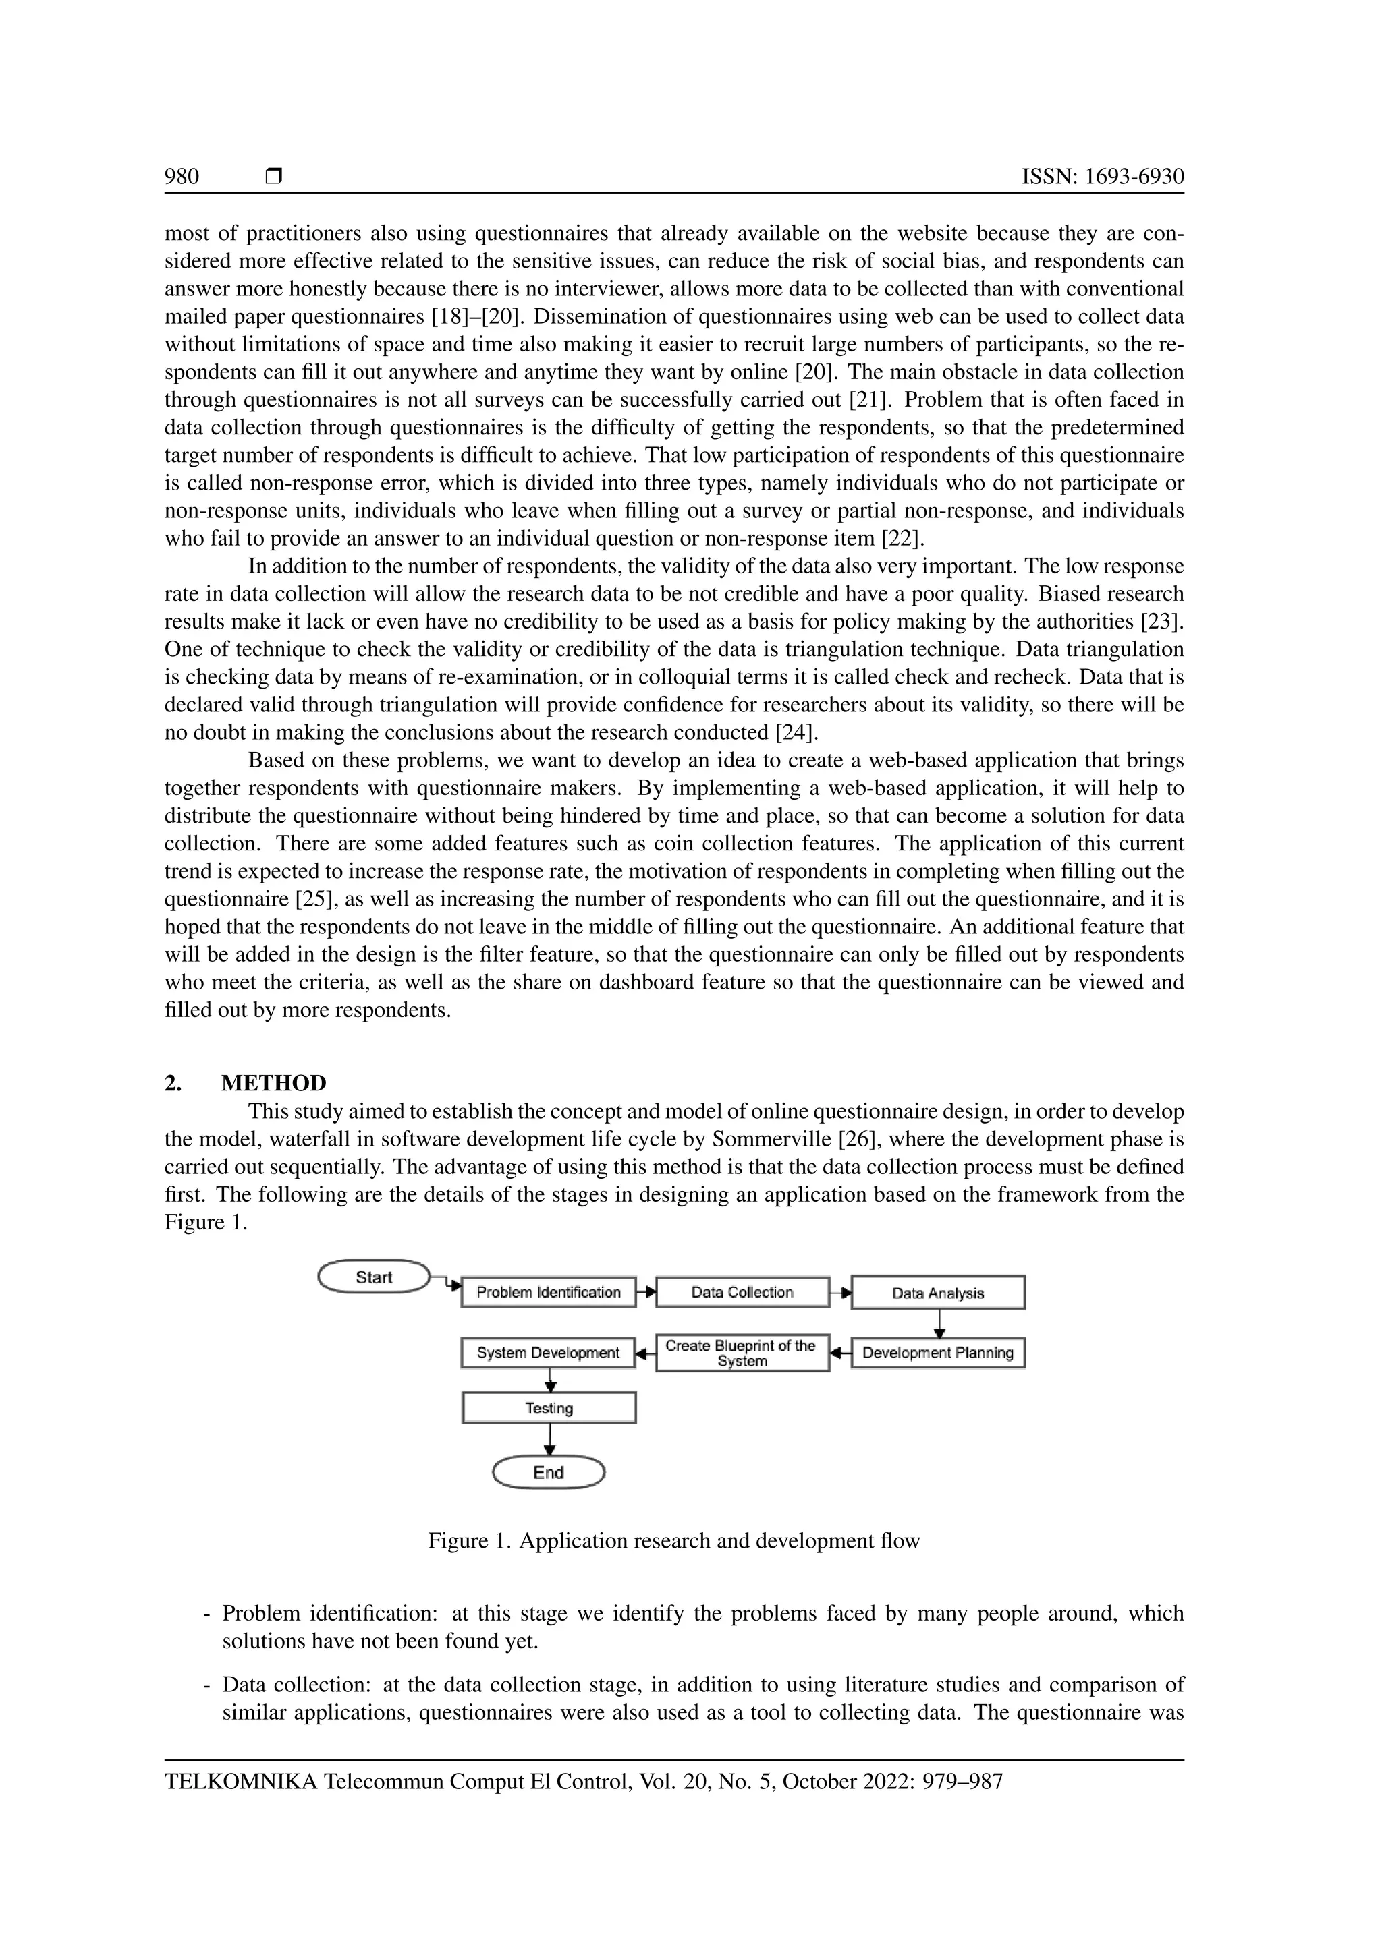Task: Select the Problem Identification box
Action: click(548, 1292)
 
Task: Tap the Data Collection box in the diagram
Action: click(742, 1292)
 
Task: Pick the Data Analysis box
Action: click(938, 1293)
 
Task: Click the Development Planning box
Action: click(938, 1353)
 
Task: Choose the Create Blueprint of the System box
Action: click(742, 1353)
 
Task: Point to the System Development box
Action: click(548, 1353)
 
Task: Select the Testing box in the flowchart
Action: click(549, 1407)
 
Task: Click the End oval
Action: click(549, 1472)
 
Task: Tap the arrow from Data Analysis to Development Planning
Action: click(939, 1324)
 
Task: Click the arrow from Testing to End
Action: click(550, 1439)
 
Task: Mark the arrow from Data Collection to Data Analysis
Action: click(841, 1293)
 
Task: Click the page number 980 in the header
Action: click(182, 177)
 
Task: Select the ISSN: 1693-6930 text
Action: click(1102, 177)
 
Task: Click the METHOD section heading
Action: click(273, 1083)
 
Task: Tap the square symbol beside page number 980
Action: click(273, 176)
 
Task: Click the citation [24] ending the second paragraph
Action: click(795, 732)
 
